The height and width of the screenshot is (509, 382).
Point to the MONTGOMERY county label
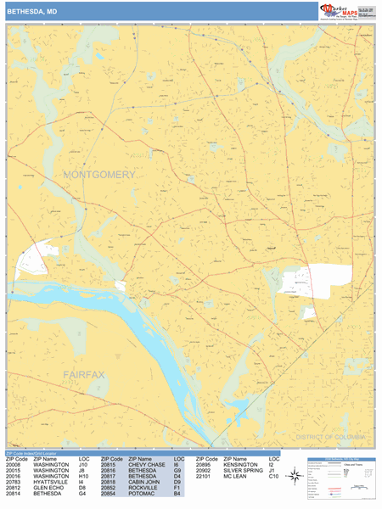[x=98, y=175]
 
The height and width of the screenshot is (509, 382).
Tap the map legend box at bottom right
[x=340, y=478]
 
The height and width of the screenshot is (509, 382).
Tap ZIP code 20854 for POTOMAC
[x=111, y=495]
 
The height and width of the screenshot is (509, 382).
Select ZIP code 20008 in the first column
[x=15, y=465]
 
